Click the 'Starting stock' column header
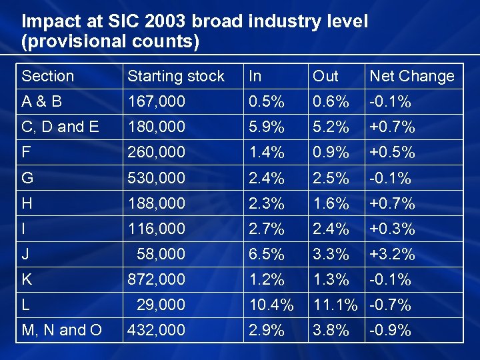click(x=176, y=76)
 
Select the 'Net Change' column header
click(x=411, y=76)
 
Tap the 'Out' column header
click(x=326, y=76)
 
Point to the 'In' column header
click(x=255, y=76)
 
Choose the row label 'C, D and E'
click(x=59, y=127)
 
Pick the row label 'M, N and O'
click(x=61, y=330)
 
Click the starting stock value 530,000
click(x=156, y=178)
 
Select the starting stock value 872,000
click(x=156, y=279)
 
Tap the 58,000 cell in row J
click(x=161, y=254)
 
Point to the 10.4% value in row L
click(x=270, y=305)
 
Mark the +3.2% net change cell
click(x=392, y=254)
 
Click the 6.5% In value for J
click(x=265, y=254)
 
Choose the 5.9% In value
click(x=265, y=127)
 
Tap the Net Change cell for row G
click(x=390, y=178)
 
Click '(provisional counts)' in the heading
click(x=111, y=43)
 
